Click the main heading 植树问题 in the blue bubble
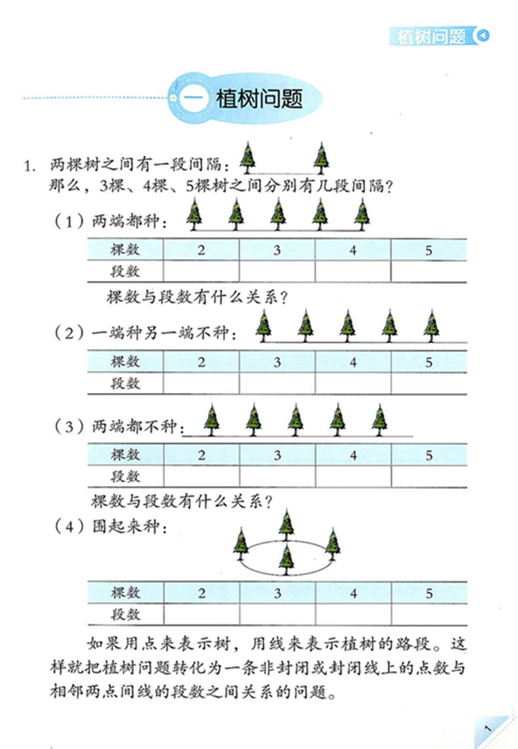[259, 99]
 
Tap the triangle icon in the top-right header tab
[483, 35]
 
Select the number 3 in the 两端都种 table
[277, 250]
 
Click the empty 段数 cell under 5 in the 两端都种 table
[429, 272]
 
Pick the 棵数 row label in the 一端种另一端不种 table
[125, 361]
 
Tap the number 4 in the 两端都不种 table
[353, 455]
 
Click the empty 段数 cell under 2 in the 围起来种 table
[201, 615]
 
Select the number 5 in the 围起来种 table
[429, 594]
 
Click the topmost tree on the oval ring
[287, 524]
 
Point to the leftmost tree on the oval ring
[241, 544]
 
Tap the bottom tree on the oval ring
[286, 560]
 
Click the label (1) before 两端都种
[70, 221]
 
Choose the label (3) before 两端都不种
[70, 426]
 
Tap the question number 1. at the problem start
[30, 166]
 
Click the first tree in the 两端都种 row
[194, 214]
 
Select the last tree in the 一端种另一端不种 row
[431, 326]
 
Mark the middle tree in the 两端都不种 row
[296, 420]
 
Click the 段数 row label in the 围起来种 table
[125, 615]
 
